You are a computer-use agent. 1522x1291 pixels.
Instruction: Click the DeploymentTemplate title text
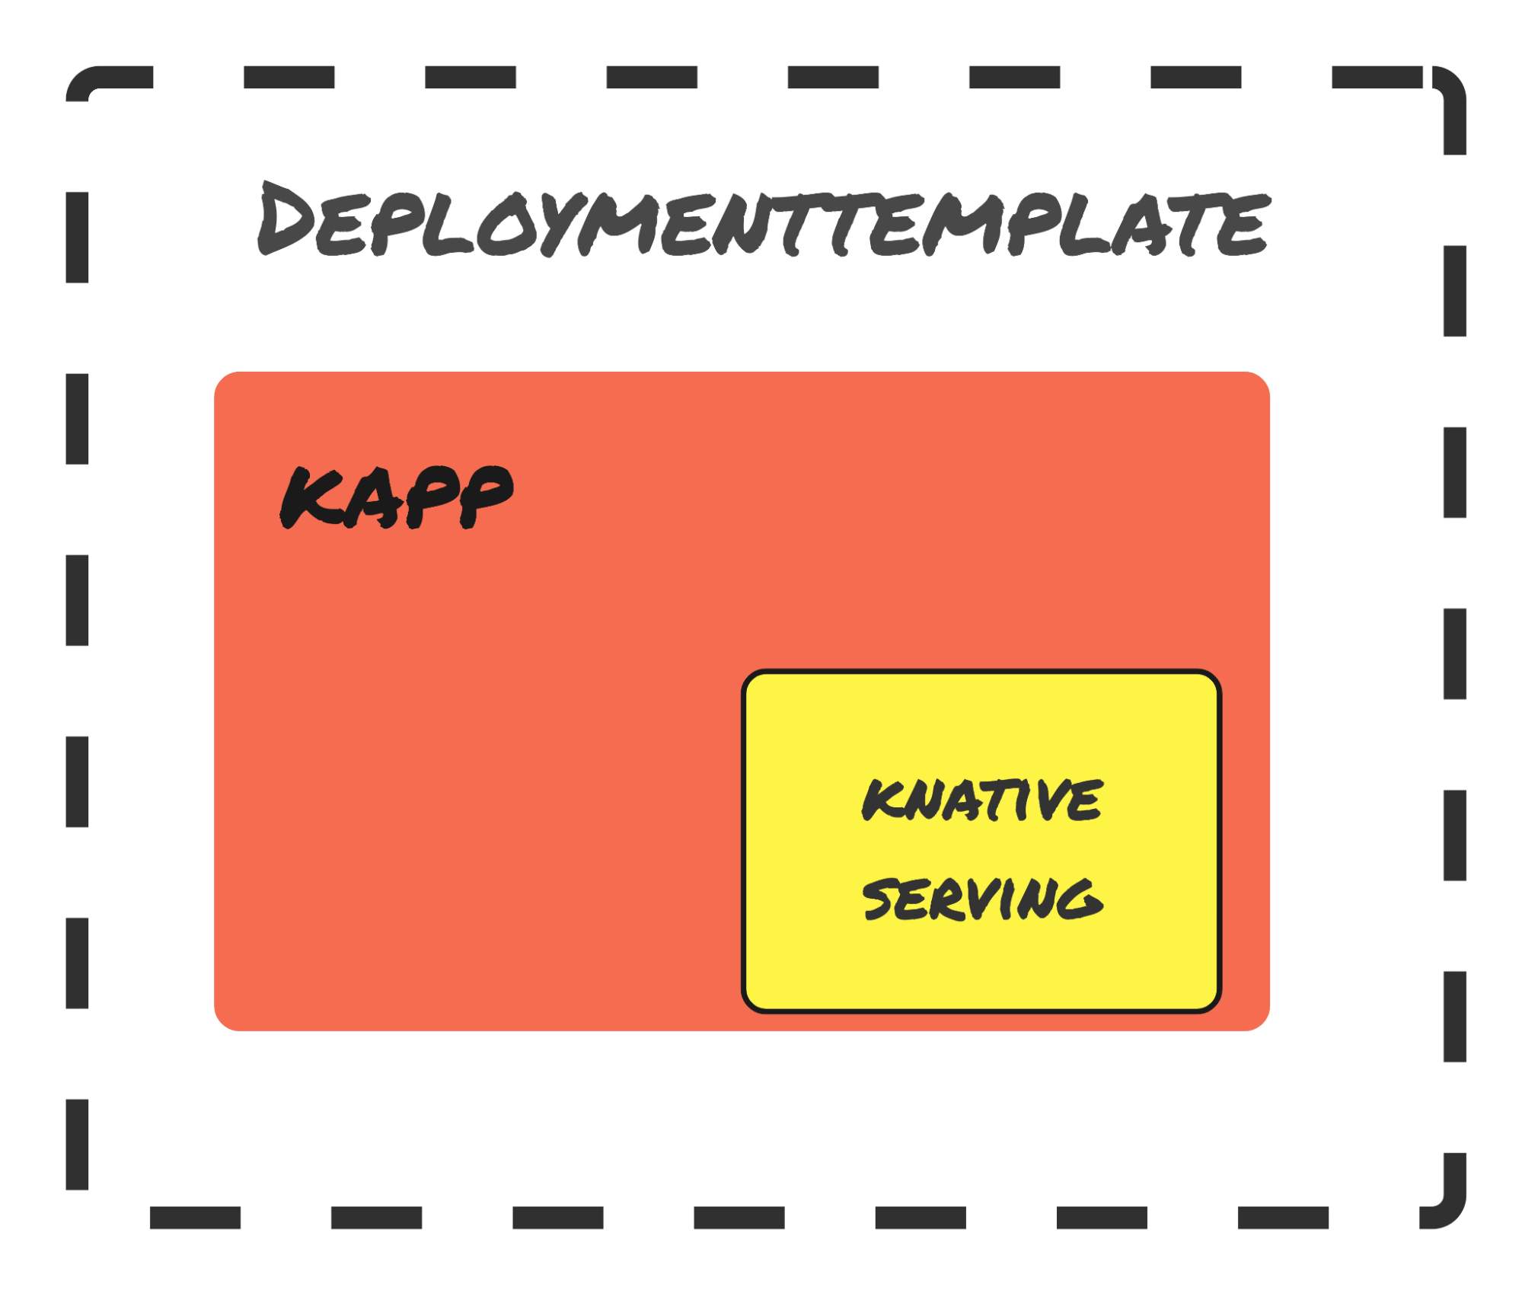click(x=764, y=221)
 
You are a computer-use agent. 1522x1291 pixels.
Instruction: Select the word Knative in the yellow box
click(x=982, y=800)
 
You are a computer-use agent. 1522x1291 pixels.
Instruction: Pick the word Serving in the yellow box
click(x=982, y=899)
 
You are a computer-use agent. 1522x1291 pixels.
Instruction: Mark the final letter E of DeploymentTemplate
click(x=1243, y=226)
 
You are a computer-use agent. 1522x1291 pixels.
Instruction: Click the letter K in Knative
click(x=881, y=800)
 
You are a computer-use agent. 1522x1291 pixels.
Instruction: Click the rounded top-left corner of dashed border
click(x=84, y=84)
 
